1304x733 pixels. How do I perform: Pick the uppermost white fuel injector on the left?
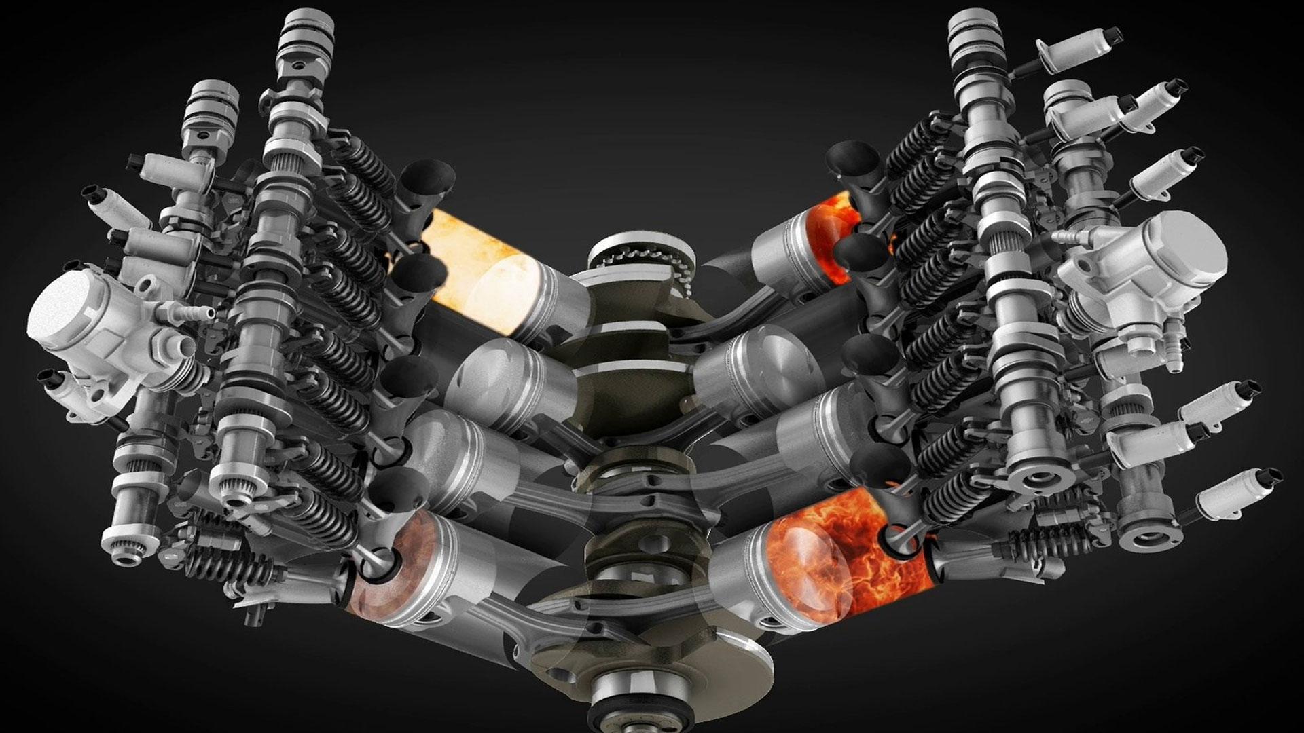coord(160,163)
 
